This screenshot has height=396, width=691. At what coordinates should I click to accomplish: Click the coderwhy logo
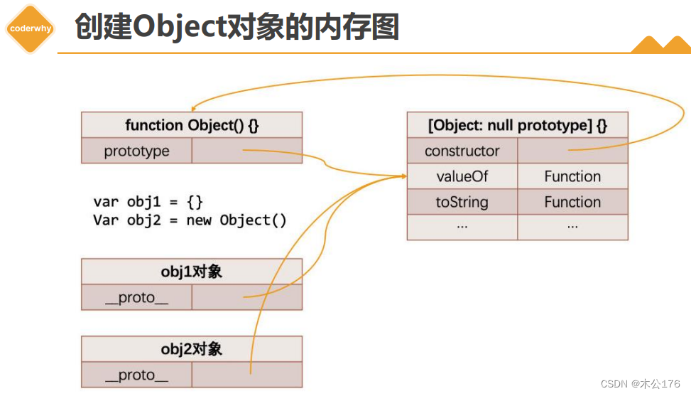pos(30,28)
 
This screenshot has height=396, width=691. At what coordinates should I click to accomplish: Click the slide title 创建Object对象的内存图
pos(236,27)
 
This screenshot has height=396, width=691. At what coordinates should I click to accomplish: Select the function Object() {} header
pos(192,125)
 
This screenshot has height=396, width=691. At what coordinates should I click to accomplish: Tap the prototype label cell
pos(136,151)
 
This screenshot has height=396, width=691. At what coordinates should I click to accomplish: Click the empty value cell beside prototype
pos(246,151)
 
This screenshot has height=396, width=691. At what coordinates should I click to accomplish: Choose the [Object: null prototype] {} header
pos(517,126)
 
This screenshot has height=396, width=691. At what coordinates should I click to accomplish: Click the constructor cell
pos(462,151)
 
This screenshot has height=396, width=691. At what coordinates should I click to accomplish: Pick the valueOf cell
pos(462,176)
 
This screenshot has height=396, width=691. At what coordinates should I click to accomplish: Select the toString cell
pos(462,202)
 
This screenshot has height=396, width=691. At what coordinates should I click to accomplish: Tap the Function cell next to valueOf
pos(572,176)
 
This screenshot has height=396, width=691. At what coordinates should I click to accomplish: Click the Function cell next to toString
pos(572,202)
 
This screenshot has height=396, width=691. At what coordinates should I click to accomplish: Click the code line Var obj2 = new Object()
pos(190,220)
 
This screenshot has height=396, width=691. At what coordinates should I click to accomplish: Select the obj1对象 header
pos(192,272)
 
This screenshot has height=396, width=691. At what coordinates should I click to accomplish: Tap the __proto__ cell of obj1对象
pos(136,297)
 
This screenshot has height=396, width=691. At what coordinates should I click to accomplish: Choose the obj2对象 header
pos(192,349)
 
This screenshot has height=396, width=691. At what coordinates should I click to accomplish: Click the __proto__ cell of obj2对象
pos(136,375)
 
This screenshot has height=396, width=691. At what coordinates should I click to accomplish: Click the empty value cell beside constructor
pos(572,151)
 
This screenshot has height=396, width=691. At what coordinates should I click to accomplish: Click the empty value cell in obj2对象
pos(246,375)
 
